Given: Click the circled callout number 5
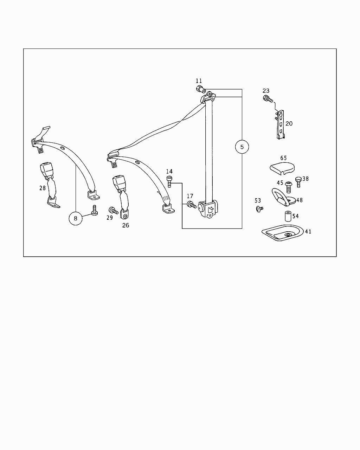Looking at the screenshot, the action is pyautogui.click(x=242, y=147).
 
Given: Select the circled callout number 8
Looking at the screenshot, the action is pyautogui.click(x=75, y=218).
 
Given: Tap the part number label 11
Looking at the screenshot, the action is pyautogui.click(x=199, y=81).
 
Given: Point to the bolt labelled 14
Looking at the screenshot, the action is pyautogui.click(x=169, y=182).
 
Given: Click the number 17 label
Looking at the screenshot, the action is pyautogui.click(x=190, y=196).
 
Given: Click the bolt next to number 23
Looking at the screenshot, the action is pyautogui.click(x=267, y=99).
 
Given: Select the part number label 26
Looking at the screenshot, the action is pyautogui.click(x=126, y=225).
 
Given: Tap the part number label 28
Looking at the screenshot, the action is pyautogui.click(x=43, y=188).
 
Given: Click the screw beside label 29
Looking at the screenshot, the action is pyautogui.click(x=114, y=210).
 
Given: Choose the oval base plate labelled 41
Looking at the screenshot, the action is pyautogui.click(x=282, y=233).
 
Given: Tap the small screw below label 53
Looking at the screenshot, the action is pyautogui.click(x=259, y=209).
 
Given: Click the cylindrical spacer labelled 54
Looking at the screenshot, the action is pyautogui.click(x=287, y=216).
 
